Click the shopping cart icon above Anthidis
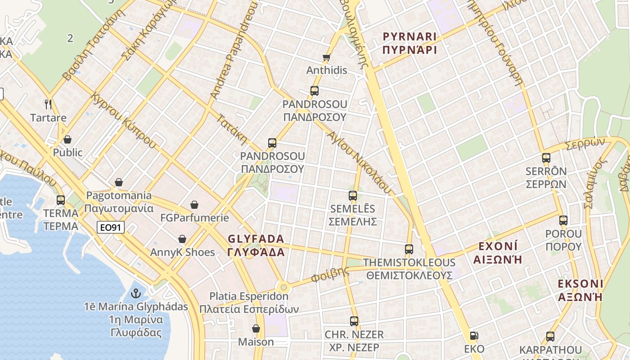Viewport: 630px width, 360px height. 326,57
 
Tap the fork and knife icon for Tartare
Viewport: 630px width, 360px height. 49,104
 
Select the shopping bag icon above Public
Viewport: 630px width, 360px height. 67,139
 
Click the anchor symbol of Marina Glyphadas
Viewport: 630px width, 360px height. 135,293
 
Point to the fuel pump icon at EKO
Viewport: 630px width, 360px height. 473,336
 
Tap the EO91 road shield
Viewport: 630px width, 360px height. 110,227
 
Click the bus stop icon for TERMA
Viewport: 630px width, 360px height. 60,200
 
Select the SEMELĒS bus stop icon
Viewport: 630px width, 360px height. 353,196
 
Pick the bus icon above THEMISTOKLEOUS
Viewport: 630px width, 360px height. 409,249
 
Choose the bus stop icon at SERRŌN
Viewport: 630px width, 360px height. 546,158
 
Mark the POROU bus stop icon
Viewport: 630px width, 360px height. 563,220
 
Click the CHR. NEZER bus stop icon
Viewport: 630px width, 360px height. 354,321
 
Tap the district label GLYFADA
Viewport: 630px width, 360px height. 256,245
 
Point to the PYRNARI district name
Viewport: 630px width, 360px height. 409,43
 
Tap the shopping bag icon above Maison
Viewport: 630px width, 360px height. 256,328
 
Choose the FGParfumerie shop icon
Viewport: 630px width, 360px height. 194,205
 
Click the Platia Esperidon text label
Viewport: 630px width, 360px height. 249,303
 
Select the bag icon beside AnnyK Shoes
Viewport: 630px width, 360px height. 182,239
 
